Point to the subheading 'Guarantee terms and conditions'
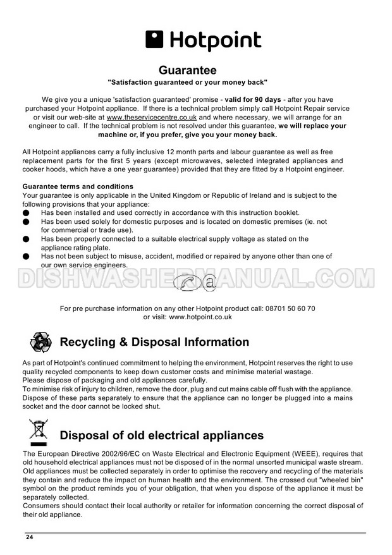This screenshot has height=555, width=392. pos(78,187)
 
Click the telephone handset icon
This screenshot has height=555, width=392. pos(188,284)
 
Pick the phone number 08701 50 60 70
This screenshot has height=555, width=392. pos(288,308)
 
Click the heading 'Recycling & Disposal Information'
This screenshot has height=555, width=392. pos(154,343)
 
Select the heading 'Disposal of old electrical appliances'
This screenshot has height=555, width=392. pos(161,436)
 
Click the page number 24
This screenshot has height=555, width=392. pos(29,537)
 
